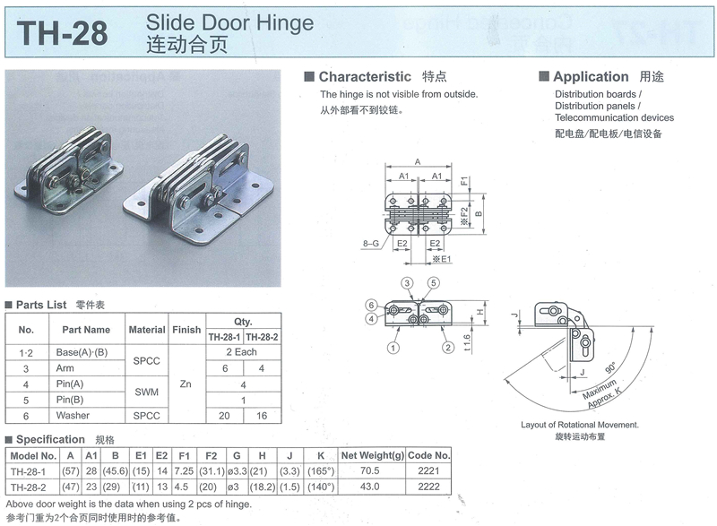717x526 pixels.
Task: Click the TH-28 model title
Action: tap(62, 33)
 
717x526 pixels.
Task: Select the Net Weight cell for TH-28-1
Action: tap(369, 470)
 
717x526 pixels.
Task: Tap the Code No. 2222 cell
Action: tap(428, 487)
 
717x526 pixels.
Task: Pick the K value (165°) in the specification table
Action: tap(321, 470)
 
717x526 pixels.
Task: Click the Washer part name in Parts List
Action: tap(73, 416)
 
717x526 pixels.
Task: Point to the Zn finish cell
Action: tap(186, 384)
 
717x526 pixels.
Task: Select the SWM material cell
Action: tap(146, 392)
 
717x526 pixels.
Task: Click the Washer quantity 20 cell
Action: tap(224, 416)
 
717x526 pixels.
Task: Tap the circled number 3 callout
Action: tap(407, 283)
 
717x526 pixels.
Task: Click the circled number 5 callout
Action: tap(433, 283)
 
